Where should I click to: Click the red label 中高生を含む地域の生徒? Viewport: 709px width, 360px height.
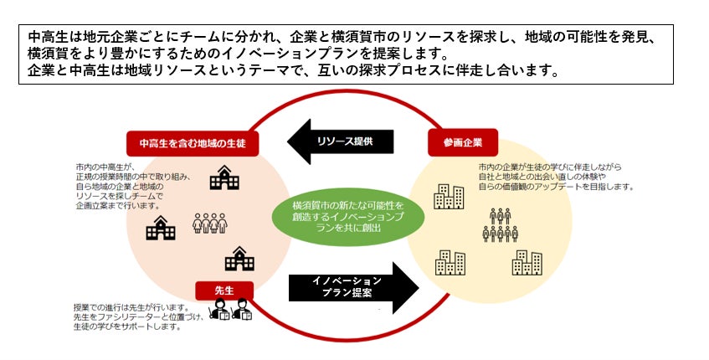point(192,143)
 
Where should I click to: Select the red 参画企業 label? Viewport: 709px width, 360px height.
point(462,142)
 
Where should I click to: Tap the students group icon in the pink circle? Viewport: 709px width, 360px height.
point(210,224)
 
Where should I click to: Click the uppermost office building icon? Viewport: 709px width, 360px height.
point(449,196)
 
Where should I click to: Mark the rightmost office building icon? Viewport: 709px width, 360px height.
point(527,262)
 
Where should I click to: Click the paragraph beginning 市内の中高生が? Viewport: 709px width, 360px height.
point(131,187)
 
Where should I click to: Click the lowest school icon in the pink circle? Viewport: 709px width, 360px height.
point(239,260)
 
